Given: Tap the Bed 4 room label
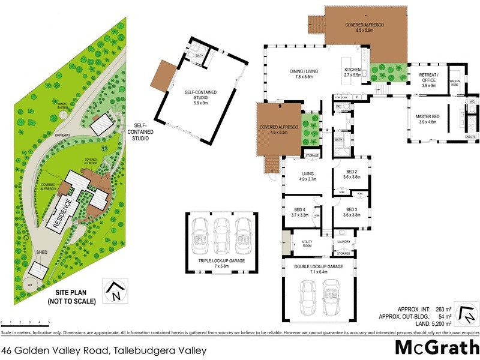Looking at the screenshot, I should (x=299, y=211).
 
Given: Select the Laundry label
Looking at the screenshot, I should (x=344, y=241).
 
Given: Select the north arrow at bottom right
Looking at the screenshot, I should (x=467, y=313).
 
